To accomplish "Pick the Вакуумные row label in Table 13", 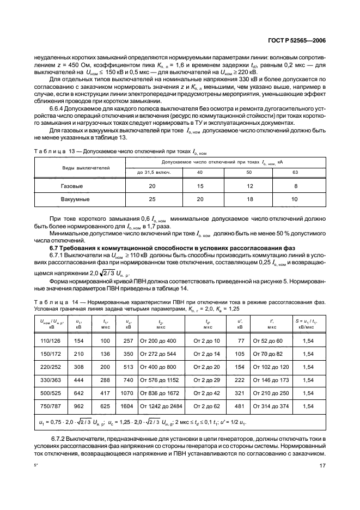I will tap(75, 199).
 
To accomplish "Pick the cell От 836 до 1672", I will tap(161, 393).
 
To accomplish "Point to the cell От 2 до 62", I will tap(206, 406).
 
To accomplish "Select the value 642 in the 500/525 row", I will tap(78, 393).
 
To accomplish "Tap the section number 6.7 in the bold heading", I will tap(56, 248).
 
